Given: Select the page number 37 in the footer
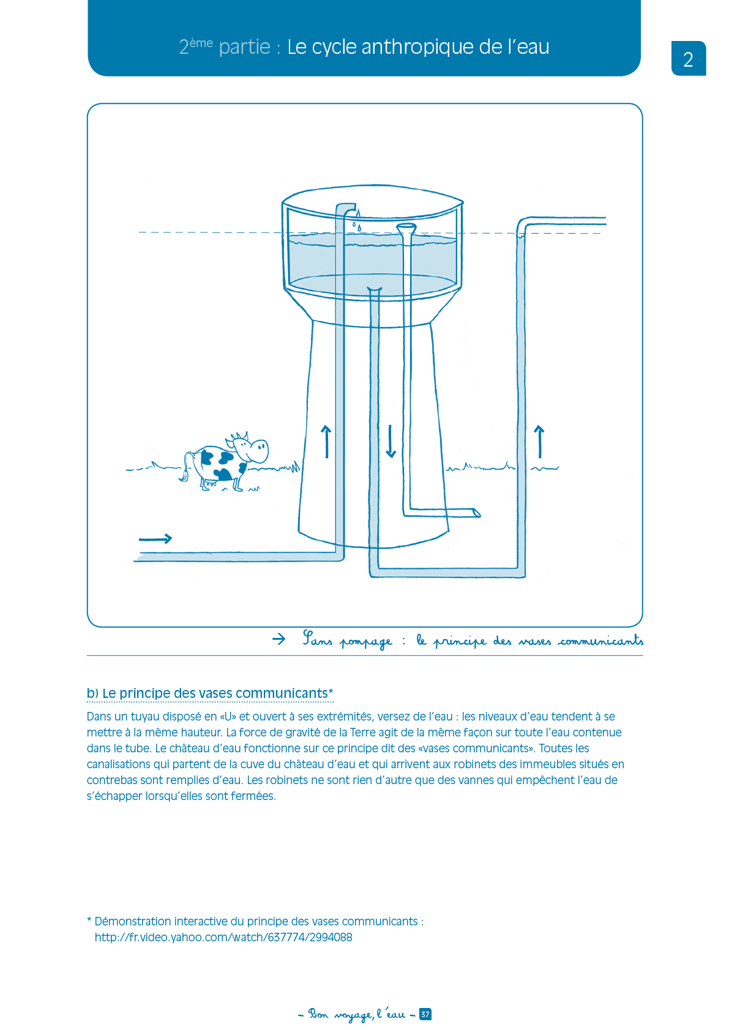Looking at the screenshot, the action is click(x=425, y=1014).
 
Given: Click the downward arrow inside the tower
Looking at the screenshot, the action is click(x=391, y=442).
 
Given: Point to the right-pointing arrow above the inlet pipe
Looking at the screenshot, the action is click(x=155, y=538).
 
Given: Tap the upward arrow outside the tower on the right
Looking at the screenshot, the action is click(x=539, y=442).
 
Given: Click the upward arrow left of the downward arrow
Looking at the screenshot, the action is click(x=326, y=442).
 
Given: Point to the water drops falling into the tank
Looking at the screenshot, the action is click(x=357, y=221).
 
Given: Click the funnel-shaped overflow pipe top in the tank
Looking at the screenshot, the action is click(x=406, y=228).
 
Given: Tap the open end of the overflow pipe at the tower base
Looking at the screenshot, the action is click(x=476, y=512).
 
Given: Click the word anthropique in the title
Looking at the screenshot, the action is click(x=417, y=47).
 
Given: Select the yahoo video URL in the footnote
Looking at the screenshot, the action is click(x=223, y=938).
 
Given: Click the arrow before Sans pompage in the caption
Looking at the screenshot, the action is click(x=279, y=639).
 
